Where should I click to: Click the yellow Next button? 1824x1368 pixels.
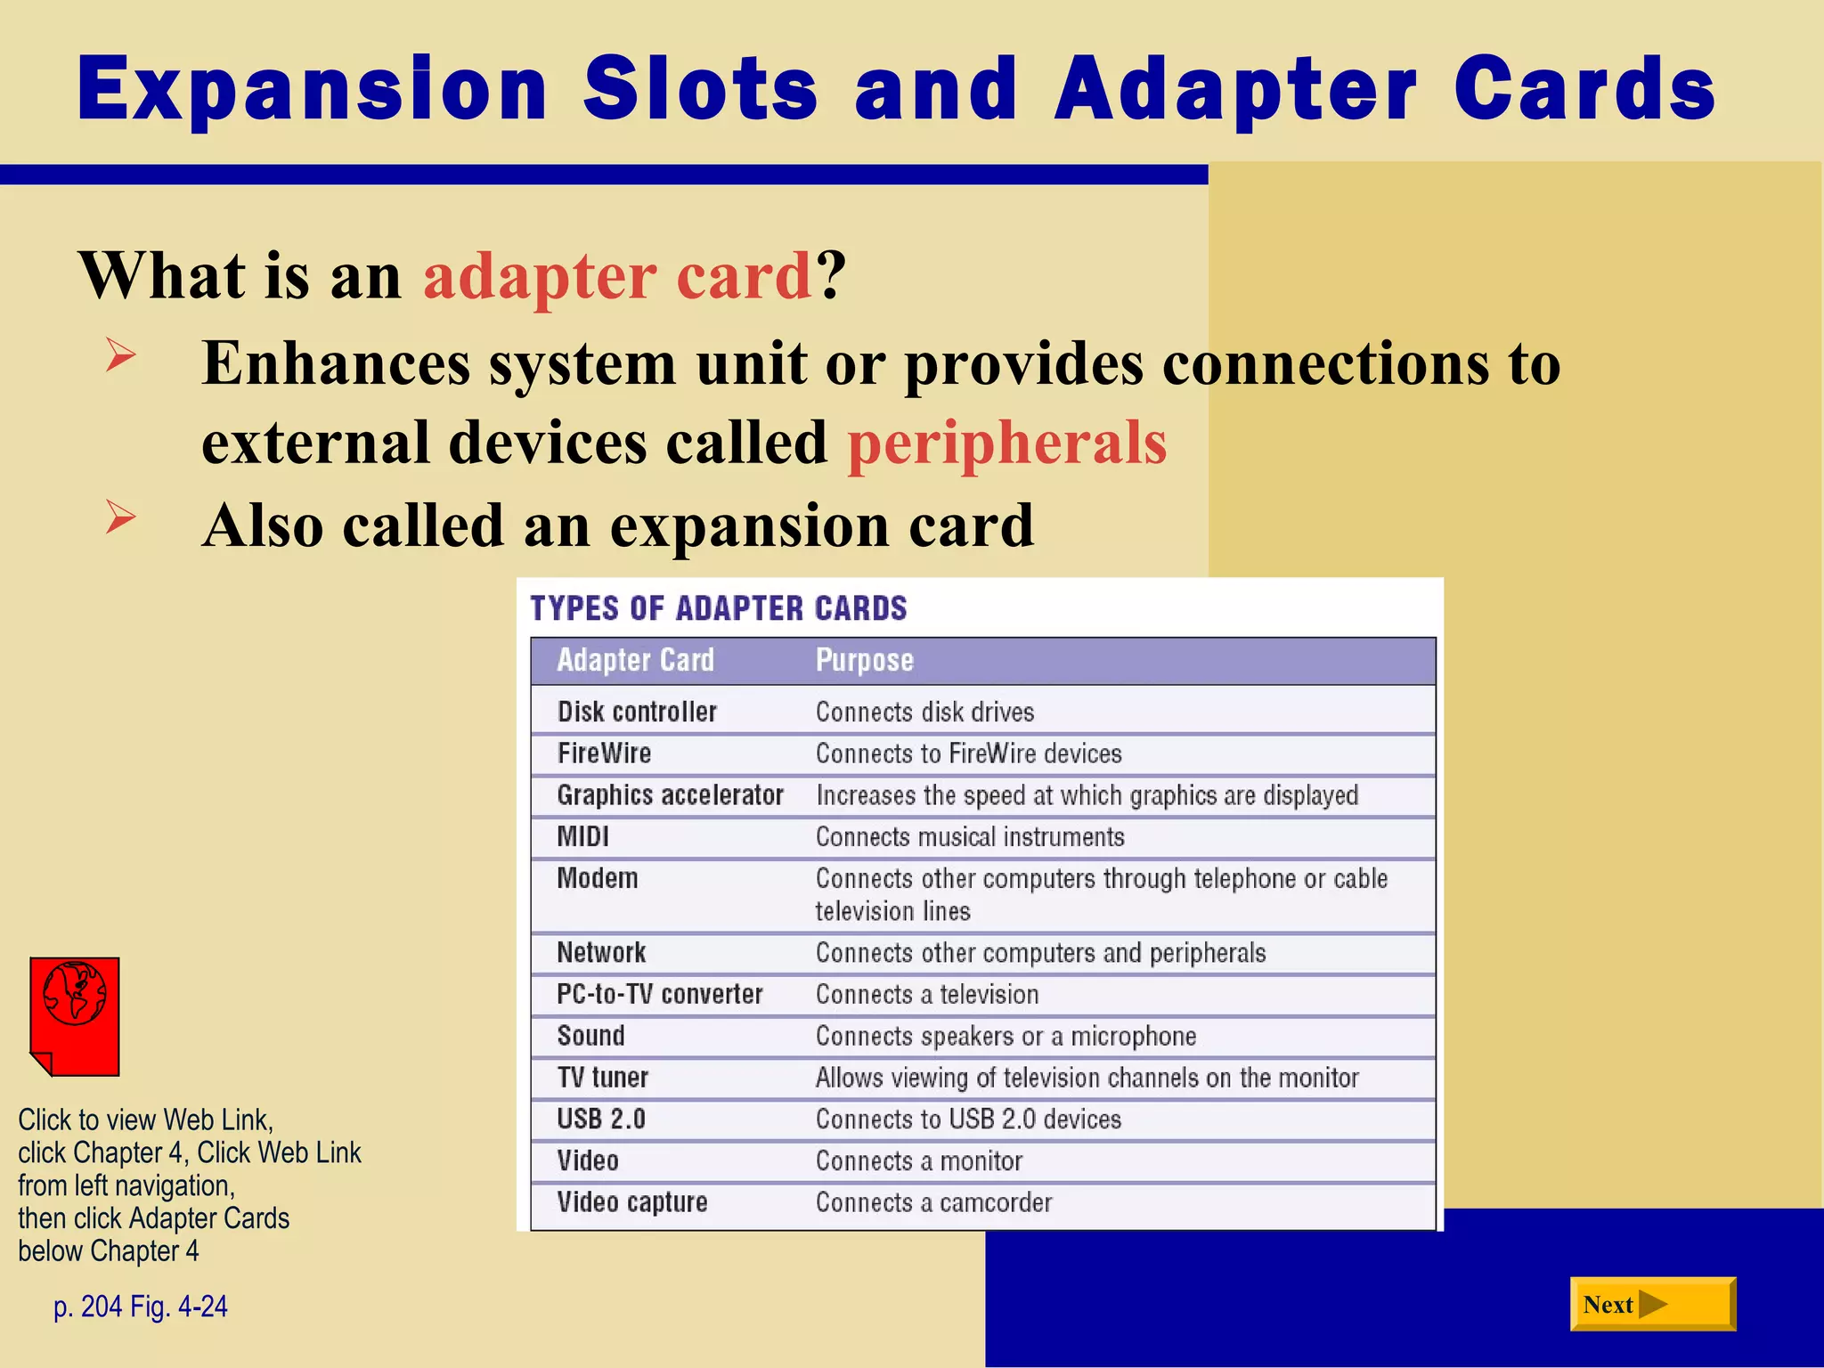point(1651,1304)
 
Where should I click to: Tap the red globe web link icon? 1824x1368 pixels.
point(75,1015)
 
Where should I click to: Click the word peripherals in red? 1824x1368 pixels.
point(1006,443)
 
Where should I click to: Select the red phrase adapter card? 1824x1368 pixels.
point(616,275)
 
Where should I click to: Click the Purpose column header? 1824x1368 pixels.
point(864,660)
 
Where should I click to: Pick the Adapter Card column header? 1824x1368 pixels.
point(635,660)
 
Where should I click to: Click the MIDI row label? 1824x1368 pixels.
point(582,837)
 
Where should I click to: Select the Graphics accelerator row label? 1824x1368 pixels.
point(670,795)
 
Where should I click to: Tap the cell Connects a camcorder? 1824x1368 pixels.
point(933,1203)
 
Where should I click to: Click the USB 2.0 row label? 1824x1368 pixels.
point(600,1120)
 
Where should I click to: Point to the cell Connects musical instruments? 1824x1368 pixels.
point(969,837)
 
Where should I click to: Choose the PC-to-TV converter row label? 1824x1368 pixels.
point(659,995)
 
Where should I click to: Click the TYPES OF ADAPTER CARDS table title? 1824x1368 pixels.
point(718,608)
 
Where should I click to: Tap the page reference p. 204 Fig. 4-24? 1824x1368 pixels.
point(141,1307)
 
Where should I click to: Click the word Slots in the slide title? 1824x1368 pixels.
point(700,89)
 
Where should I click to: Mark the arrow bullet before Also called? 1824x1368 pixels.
point(120,517)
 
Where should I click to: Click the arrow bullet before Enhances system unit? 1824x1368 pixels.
point(120,355)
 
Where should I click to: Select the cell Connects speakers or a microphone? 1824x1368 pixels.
point(1006,1037)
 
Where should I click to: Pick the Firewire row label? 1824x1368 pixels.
point(604,753)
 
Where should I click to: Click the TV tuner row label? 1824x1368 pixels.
point(602,1078)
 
